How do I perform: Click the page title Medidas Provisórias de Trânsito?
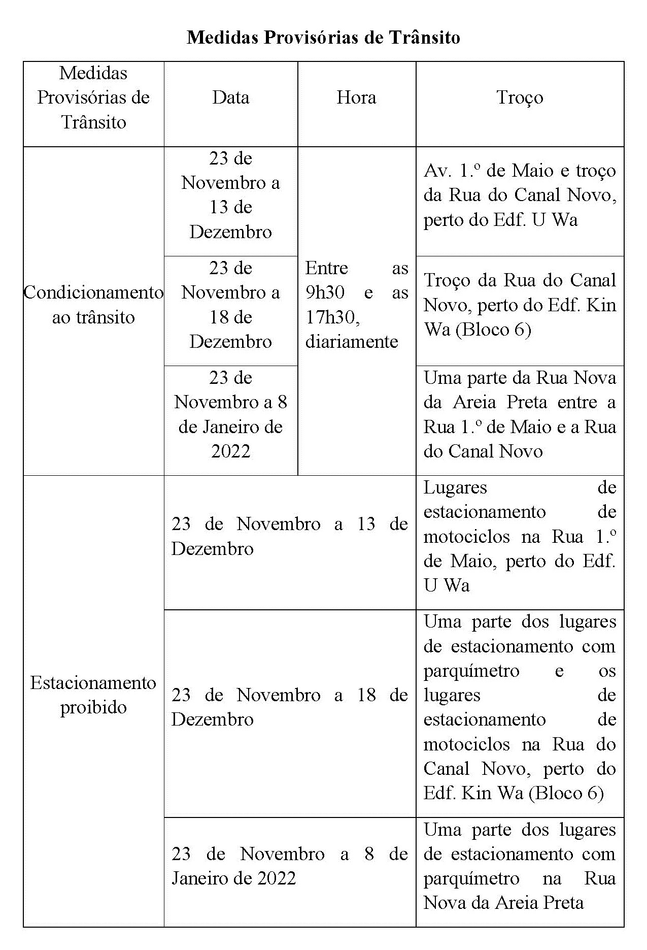pyautogui.click(x=323, y=38)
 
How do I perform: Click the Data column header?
pyautogui.click(x=230, y=97)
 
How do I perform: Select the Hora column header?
pyautogui.click(x=356, y=97)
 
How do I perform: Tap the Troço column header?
pyautogui.click(x=520, y=97)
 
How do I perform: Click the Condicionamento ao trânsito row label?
pyautogui.click(x=93, y=305)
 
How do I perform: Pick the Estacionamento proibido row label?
pyautogui.click(x=93, y=695)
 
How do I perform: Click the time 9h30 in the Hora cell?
pyautogui.click(x=325, y=292)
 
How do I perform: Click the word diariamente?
pyautogui.click(x=351, y=342)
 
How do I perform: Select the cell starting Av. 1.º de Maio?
pyautogui.click(x=520, y=195)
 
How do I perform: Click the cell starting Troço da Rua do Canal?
pyautogui.click(x=520, y=305)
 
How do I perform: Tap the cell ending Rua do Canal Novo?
pyautogui.click(x=520, y=414)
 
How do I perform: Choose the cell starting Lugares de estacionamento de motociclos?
pyautogui.click(x=520, y=536)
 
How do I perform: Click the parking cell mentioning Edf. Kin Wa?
pyautogui.click(x=520, y=707)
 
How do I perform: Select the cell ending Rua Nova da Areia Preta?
pyautogui.click(x=520, y=866)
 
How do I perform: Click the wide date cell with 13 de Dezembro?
pyautogui.click(x=289, y=536)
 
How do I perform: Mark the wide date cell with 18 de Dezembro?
pyautogui.click(x=289, y=707)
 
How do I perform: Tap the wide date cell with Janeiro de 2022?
pyautogui.click(x=289, y=866)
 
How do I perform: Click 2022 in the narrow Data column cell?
pyautogui.click(x=230, y=451)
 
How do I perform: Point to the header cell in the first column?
pyautogui.click(x=93, y=97)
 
